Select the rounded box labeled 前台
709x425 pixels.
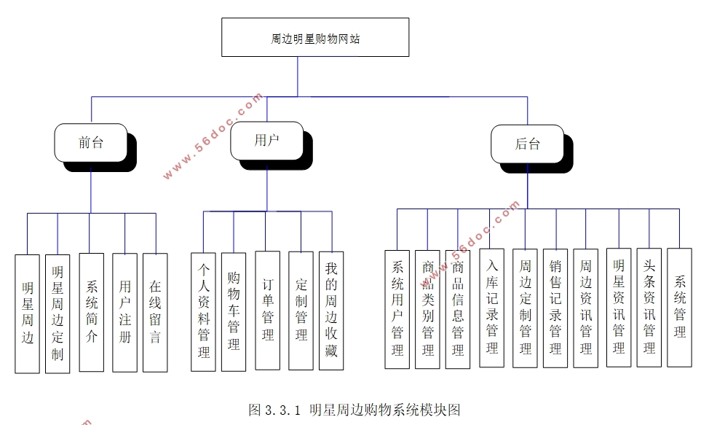91,143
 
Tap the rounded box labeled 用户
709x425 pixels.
266,141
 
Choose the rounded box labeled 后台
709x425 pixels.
527,144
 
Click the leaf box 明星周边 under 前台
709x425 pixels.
28,313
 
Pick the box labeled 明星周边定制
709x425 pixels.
58,313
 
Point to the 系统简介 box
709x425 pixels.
91,312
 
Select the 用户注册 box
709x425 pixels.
124,312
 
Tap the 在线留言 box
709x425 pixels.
155,312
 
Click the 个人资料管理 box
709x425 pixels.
203,311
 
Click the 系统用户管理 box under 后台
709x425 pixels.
397,309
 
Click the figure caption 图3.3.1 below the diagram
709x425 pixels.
354,409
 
